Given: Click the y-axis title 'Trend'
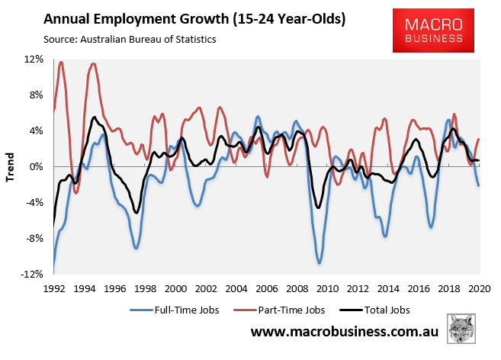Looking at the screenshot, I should pos(11,166).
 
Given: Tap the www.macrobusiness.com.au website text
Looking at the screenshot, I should pos(346,334).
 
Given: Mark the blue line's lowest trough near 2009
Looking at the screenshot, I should pos(320,263).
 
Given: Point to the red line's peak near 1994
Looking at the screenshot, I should pos(93,63).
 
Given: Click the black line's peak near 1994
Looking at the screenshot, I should pos(94,117).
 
